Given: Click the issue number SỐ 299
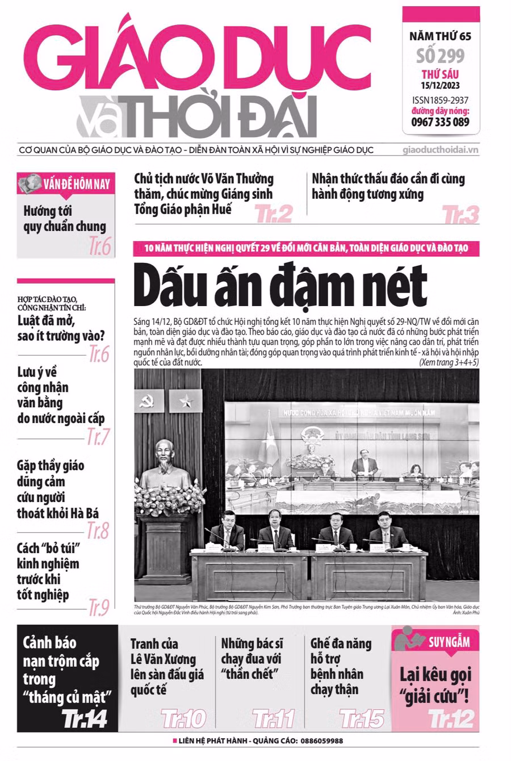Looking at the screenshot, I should [x=440, y=56].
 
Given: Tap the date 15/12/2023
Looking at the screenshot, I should [x=440, y=86].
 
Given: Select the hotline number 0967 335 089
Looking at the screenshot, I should [x=440, y=122].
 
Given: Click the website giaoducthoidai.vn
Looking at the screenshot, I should [x=441, y=150].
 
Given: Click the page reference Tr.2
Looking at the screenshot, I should [x=274, y=214].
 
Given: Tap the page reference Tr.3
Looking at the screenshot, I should [x=460, y=215].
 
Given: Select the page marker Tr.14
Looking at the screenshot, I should [x=85, y=719].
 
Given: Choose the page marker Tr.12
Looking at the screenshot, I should [x=451, y=718].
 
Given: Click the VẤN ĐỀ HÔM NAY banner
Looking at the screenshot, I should [x=66, y=184].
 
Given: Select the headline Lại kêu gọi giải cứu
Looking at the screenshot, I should [x=435, y=684].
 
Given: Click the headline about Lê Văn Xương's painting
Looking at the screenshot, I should [x=162, y=667].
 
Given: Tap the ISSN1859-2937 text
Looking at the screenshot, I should [x=440, y=101].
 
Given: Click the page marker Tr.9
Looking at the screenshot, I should [x=98, y=608].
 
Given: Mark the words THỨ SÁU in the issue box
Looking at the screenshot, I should [x=440, y=74].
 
